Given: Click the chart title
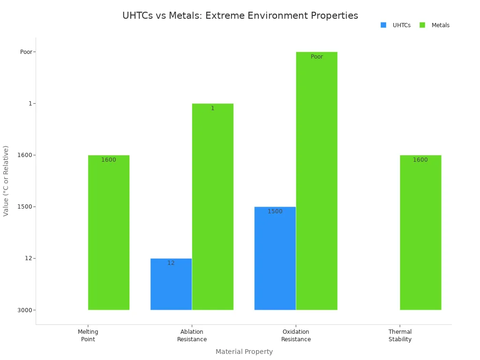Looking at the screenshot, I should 240,16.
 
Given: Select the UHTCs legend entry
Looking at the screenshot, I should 396,25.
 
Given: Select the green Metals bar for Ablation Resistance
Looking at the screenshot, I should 212,207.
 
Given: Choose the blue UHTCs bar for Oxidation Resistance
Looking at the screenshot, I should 275,258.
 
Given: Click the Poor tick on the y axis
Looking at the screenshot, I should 26,52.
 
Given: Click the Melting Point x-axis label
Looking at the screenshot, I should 88,336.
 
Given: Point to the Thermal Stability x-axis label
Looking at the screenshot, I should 400,336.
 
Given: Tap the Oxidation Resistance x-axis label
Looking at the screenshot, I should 296,336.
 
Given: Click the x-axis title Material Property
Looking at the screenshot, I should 244,352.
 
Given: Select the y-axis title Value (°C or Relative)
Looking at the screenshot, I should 6,181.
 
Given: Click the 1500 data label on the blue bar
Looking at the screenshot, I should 275,211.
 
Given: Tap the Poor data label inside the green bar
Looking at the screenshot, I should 317,57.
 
